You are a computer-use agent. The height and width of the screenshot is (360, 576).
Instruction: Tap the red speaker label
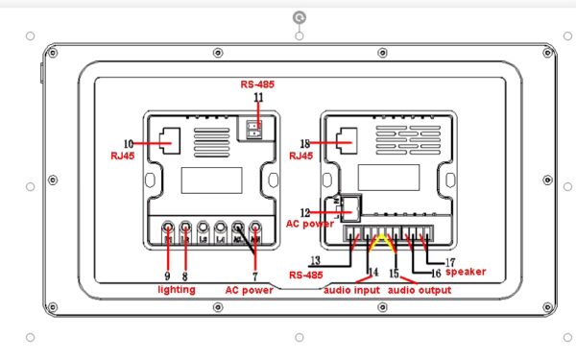(x=466, y=272)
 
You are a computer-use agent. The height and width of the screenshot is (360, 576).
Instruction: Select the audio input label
(x=351, y=288)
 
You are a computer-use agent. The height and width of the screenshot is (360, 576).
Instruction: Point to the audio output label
(x=421, y=288)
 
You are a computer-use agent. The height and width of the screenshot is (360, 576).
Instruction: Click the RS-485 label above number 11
(x=257, y=85)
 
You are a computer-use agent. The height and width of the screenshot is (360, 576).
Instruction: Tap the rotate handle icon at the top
(x=300, y=17)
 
